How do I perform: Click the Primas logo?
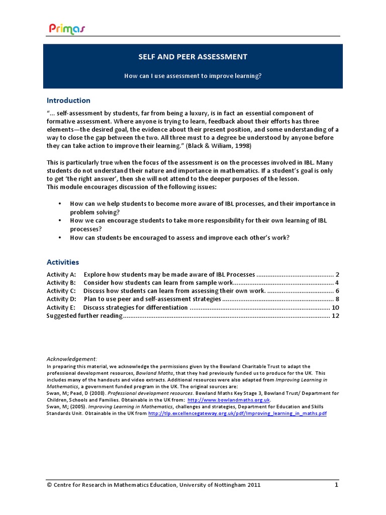[67, 29]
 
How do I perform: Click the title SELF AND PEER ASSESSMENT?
[192, 57]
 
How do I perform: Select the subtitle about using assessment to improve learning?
[193, 76]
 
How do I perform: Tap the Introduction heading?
[68, 100]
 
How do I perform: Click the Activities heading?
[63, 262]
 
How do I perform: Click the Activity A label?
[61, 275]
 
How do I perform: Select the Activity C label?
[61, 291]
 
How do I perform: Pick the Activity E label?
[61, 307]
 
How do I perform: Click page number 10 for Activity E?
[336, 307]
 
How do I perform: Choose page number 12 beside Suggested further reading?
[336, 316]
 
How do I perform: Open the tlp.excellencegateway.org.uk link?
[238, 413]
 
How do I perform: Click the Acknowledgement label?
[72, 359]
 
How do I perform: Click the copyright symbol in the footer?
[49, 485]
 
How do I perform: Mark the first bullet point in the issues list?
[60, 204]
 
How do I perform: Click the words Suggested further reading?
[84, 316]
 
